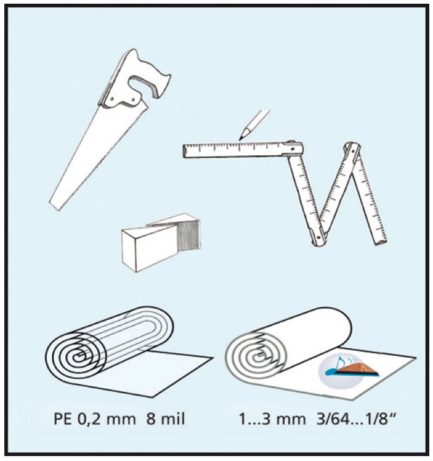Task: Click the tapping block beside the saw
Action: pos(161,243)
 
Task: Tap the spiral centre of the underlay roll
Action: pos(259,357)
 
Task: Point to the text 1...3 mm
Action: pos(272,419)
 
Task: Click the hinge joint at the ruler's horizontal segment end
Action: pos(293,149)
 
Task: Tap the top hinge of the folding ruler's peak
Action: pos(352,149)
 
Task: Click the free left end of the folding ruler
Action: pos(184,151)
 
